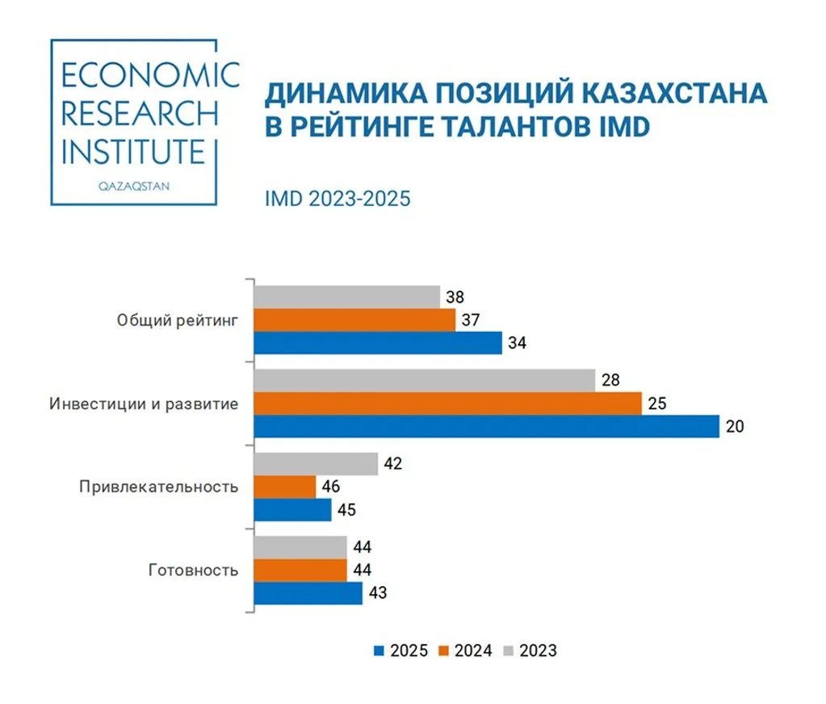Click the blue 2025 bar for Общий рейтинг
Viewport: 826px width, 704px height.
click(377, 343)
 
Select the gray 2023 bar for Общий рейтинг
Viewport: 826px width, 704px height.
click(346, 297)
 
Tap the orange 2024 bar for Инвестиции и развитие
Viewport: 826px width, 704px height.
click(447, 403)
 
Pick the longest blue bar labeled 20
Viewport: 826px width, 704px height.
click(486, 426)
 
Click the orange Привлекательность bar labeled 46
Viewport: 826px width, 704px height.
click(285, 487)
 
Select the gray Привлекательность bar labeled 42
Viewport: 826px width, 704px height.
click(316, 464)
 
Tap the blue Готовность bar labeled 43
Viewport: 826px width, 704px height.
click(308, 593)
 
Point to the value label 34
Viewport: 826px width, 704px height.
click(517, 343)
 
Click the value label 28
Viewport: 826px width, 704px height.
click(610, 380)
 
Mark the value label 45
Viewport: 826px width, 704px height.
click(346, 510)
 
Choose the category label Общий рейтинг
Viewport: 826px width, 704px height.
click(178, 321)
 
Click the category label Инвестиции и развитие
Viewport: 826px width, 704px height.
click(144, 404)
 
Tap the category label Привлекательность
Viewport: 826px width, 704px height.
click(159, 487)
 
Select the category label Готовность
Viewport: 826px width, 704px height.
click(194, 571)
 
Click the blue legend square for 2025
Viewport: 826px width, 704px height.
click(375, 650)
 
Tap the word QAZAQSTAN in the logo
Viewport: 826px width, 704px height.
click(133, 184)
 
